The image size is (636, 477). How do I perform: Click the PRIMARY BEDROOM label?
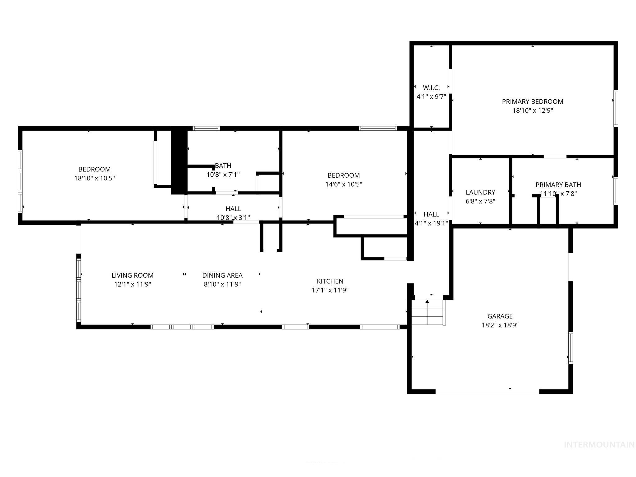coord(532,102)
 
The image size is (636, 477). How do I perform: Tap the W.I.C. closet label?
coord(431,88)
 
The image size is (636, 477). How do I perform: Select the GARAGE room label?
coord(500,316)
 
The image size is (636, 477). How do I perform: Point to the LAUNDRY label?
coord(480,192)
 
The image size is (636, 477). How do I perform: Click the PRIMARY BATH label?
coord(558,185)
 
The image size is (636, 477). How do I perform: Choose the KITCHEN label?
coord(330,281)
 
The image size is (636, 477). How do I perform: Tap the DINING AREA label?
coord(222,275)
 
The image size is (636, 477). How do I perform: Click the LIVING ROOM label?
coord(132,275)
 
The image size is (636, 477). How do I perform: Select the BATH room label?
coord(223,166)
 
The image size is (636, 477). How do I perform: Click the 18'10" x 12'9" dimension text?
coord(532,111)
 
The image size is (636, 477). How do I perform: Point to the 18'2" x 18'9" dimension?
coord(500,325)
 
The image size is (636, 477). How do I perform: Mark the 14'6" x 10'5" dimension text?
coord(343,184)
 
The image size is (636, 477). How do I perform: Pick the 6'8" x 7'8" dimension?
coord(480,201)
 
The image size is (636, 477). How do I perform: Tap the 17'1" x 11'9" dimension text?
coord(330,290)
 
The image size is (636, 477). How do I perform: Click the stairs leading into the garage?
coord(427,312)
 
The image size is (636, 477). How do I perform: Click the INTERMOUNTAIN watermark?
coord(599,445)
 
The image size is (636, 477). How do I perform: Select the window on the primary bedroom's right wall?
coord(616,108)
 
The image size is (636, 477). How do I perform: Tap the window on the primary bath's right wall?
coord(616,191)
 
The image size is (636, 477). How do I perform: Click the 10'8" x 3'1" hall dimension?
coord(233,218)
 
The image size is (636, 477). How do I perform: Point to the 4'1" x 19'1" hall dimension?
coord(431,223)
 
